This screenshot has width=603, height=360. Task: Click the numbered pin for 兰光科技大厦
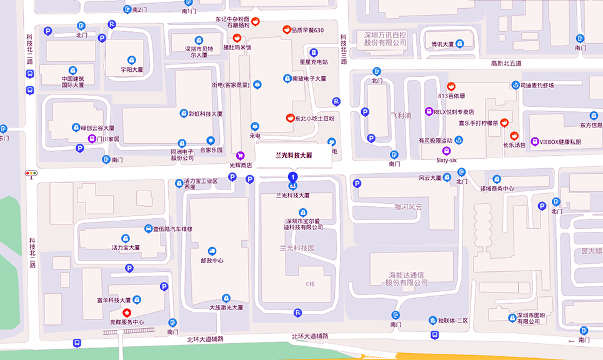click(292, 177)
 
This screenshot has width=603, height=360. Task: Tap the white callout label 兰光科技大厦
click(294, 156)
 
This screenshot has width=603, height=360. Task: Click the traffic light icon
click(31, 173)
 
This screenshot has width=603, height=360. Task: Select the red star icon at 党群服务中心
click(127, 312)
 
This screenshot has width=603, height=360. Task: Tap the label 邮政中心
click(212, 261)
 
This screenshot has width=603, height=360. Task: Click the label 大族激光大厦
click(226, 307)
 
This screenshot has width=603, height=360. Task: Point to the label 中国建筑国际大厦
click(72, 81)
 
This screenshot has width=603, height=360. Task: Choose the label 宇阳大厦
click(132, 70)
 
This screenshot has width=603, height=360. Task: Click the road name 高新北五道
click(506, 63)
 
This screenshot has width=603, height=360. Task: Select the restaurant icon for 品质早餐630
click(287, 29)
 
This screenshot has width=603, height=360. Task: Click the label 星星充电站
click(314, 62)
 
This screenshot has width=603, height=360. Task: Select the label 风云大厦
click(430, 178)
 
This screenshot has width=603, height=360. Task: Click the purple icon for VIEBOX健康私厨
click(535, 142)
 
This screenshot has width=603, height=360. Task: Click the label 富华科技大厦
click(113, 300)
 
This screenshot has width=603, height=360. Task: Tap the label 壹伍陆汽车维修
click(173, 229)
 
